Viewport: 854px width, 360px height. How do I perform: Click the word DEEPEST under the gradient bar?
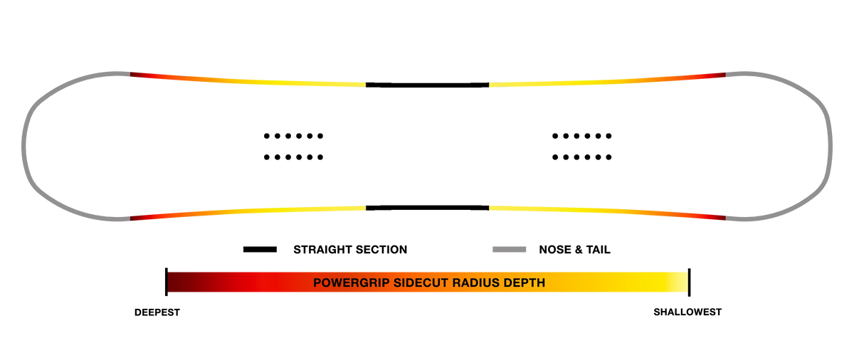(x=157, y=312)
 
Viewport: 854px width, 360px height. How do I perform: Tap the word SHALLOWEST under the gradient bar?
(x=687, y=312)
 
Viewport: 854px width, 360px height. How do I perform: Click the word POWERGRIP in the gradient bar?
(x=351, y=282)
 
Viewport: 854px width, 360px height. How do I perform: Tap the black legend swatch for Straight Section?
(x=260, y=250)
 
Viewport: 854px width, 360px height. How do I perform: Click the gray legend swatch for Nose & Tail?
(x=510, y=250)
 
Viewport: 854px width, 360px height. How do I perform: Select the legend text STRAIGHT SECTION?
(x=350, y=250)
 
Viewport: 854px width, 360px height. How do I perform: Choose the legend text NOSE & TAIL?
(x=574, y=250)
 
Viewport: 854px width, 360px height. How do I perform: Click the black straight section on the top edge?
(x=428, y=85)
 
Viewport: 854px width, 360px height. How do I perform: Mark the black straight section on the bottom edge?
(x=428, y=208)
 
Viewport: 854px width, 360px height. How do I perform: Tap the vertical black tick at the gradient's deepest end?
(x=167, y=282)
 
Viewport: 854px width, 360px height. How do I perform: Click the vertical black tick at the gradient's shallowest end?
(x=690, y=282)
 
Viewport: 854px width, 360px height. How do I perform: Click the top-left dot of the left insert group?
(x=266, y=136)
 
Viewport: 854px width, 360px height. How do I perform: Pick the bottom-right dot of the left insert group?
(x=320, y=157)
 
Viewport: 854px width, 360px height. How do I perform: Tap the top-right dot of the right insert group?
(x=609, y=136)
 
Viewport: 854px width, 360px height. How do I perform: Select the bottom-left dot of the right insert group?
(x=555, y=157)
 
